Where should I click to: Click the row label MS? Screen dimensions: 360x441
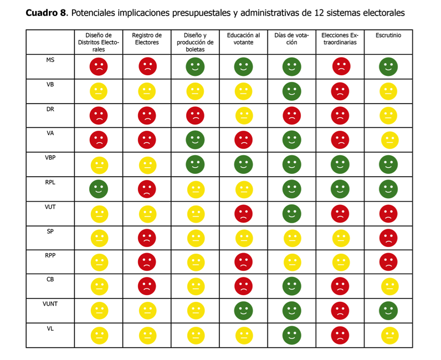pyautogui.click(x=50, y=59)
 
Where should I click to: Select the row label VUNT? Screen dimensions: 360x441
pyautogui.click(x=50, y=304)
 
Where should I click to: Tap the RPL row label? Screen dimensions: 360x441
pyautogui.click(x=50, y=182)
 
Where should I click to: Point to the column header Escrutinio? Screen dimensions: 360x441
pyautogui.click(x=388, y=35)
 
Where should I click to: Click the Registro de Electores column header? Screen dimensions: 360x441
pyautogui.click(x=147, y=39)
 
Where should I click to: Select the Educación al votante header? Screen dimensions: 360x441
pyautogui.click(x=243, y=39)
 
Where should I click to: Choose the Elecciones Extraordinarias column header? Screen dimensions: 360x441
pyautogui.click(x=340, y=39)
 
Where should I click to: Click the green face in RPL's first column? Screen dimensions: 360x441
pyautogui.click(x=99, y=189)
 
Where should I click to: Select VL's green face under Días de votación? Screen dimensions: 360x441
pyautogui.click(x=292, y=335)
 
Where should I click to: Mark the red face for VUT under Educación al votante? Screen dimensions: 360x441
pyautogui.click(x=244, y=213)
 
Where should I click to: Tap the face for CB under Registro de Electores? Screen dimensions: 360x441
pyautogui.click(x=147, y=286)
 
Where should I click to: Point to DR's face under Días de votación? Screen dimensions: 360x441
pyautogui.click(x=292, y=116)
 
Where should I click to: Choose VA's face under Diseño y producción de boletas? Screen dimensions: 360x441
pyautogui.click(x=195, y=140)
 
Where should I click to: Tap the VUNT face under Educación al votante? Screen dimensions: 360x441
pyautogui.click(x=244, y=311)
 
